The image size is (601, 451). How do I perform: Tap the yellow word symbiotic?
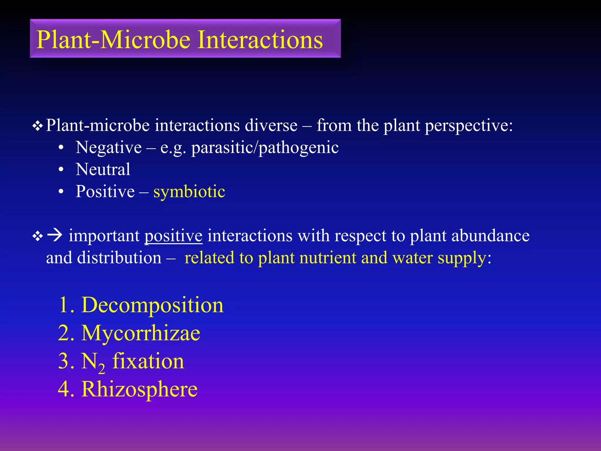click(x=189, y=192)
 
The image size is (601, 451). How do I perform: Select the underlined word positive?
click(x=173, y=236)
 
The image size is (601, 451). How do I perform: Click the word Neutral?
click(x=103, y=169)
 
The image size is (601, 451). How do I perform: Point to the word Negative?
click(x=109, y=147)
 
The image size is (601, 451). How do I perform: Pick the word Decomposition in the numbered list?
click(x=152, y=305)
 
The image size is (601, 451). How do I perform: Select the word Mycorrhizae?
click(x=141, y=334)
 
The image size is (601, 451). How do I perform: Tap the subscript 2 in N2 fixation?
click(x=102, y=368)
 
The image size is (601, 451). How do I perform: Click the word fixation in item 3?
click(x=148, y=361)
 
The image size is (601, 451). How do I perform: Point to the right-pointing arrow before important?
click(x=55, y=235)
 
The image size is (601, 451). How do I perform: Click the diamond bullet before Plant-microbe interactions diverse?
click(x=38, y=126)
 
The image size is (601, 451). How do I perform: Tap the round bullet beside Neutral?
click(x=61, y=170)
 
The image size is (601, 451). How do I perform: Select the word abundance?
click(x=490, y=236)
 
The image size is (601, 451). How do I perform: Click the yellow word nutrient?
click(x=327, y=258)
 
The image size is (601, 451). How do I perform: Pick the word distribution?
click(x=119, y=258)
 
